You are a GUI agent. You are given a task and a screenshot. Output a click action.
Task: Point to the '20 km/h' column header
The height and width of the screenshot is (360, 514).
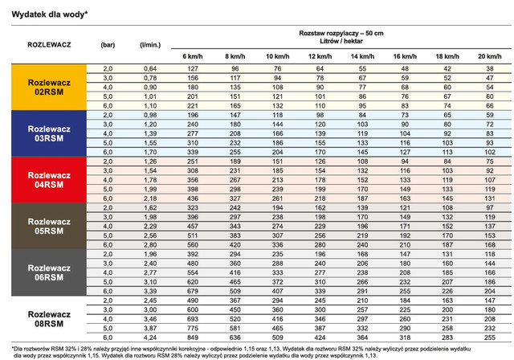pos(488,55)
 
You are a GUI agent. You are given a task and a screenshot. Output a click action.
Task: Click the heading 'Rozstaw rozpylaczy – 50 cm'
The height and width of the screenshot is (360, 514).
pos(341,32)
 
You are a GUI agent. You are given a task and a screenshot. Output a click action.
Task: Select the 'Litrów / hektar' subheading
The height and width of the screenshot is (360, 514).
pos(341,41)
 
